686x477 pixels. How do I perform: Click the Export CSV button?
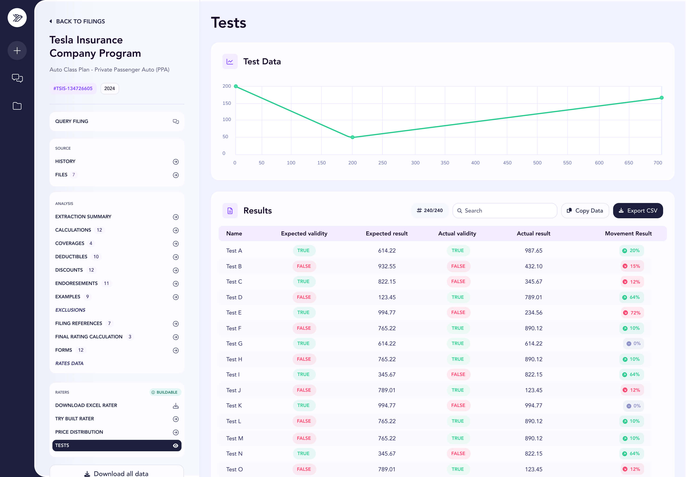638,211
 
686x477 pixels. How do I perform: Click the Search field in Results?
505,211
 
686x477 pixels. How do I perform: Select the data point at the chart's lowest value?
353,137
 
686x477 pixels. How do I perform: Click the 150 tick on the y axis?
227,103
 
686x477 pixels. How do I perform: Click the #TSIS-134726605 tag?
73,88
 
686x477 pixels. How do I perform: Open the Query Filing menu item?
117,121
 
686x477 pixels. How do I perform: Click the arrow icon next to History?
176,162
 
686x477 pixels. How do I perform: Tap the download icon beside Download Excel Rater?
176,406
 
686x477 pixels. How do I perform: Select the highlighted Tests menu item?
117,445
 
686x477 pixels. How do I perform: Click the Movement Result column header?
628,233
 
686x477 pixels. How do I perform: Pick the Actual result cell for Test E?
533,313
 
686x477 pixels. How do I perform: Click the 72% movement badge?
632,313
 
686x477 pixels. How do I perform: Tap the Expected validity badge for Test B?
304,266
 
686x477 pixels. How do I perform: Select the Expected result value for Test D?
387,297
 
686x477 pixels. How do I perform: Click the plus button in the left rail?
17,51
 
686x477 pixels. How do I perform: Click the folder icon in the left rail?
17,106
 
